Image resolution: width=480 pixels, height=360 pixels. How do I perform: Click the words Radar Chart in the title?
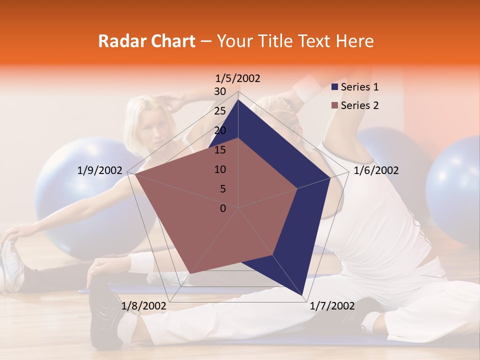146,41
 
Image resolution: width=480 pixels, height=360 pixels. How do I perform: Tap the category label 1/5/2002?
238,78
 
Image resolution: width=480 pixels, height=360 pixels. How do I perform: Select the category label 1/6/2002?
376,170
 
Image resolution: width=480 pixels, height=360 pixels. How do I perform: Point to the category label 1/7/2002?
332,306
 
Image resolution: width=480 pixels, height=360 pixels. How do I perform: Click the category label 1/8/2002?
143,306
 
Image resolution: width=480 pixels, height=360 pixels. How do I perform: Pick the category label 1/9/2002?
100,170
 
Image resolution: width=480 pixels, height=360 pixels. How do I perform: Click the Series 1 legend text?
360,87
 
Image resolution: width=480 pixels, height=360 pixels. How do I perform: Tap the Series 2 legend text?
360,105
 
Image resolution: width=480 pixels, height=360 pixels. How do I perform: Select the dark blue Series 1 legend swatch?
335,87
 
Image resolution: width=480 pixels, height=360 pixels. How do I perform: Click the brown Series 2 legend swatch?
335,105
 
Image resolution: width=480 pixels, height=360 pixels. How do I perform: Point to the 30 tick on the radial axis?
220,91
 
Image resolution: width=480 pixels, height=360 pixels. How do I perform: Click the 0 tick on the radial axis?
223,208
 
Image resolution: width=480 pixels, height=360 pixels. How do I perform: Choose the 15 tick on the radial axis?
220,150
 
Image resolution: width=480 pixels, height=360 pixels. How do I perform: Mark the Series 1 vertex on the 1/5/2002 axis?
238,99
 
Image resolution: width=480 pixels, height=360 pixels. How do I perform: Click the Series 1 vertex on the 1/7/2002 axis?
302,295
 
